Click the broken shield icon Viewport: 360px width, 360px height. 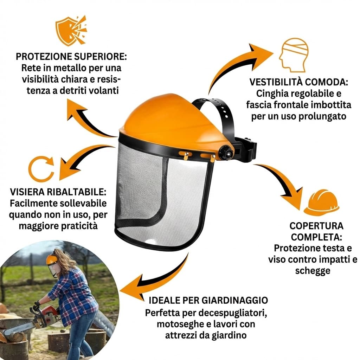click(x=71, y=30)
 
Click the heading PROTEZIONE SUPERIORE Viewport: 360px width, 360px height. click(x=72, y=57)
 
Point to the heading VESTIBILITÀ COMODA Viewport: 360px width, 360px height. click(x=299, y=82)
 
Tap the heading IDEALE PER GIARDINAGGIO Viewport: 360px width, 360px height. click(x=208, y=300)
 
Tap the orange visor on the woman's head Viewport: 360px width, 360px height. click(x=52, y=260)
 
